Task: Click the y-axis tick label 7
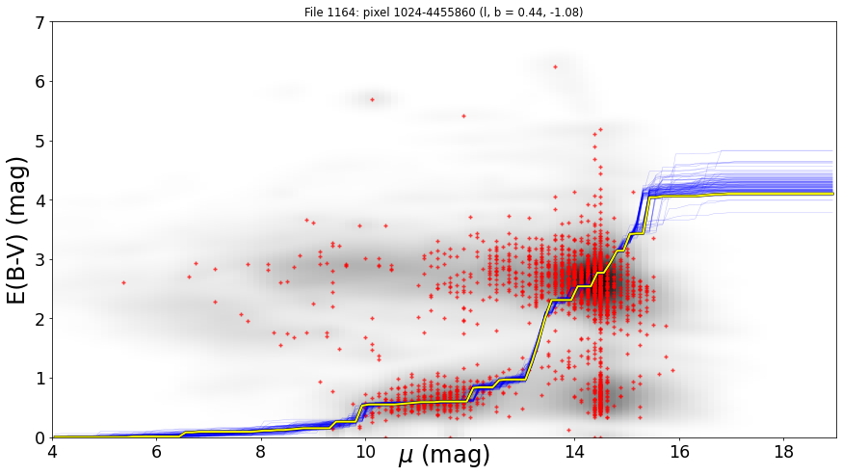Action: pyautogui.click(x=40, y=22)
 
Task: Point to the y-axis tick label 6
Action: pyautogui.click(x=40, y=82)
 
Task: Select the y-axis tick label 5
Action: pyautogui.click(x=40, y=142)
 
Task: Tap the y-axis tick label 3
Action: pyautogui.click(x=40, y=260)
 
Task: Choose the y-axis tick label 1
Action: pyautogui.click(x=40, y=379)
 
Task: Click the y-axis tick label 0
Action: pyautogui.click(x=40, y=437)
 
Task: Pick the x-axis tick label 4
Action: pyautogui.click(x=52, y=452)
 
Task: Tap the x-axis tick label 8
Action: pyautogui.click(x=261, y=452)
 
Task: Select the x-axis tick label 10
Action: pyautogui.click(x=365, y=452)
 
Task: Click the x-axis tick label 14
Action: pyautogui.click(x=574, y=452)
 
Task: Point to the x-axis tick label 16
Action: pyautogui.click(x=679, y=452)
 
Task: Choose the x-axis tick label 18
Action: pyautogui.click(x=783, y=452)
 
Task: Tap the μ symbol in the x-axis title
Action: pyautogui.click(x=406, y=456)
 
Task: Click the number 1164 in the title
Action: pyautogui.click(x=334, y=12)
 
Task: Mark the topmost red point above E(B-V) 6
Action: pyautogui.click(x=555, y=67)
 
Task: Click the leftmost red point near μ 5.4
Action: pyautogui.click(x=124, y=282)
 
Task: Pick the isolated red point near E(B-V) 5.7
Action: pyautogui.click(x=372, y=99)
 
